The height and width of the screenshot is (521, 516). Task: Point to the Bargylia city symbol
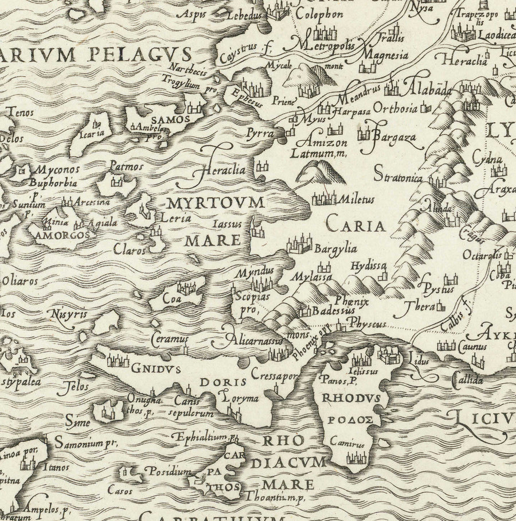[x=300, y=246]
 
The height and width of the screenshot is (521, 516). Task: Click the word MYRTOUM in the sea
[x=216, y=203]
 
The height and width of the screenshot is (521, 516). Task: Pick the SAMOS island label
[x=162, y=119]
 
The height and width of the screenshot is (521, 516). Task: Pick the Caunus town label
[x=472, y=346]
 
